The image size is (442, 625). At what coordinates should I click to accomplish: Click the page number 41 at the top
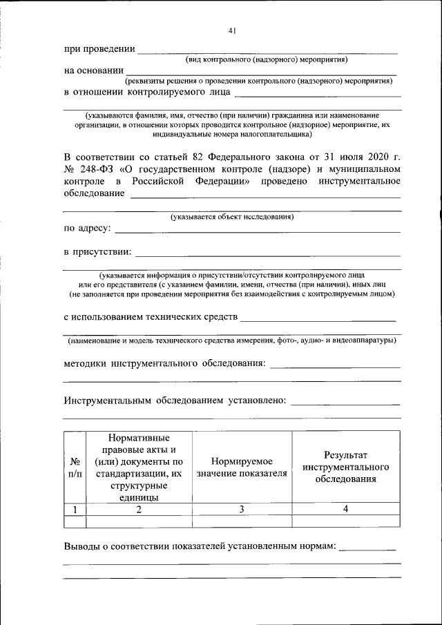point(232,30)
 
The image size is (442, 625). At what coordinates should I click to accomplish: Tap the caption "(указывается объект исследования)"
point(232,217)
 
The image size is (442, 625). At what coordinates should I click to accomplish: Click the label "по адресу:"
point(87,228)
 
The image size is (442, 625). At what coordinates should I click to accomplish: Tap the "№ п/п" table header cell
point(75,468)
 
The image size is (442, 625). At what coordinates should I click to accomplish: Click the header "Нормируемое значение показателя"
point(242,468)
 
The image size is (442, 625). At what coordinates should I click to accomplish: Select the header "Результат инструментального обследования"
point(345,467)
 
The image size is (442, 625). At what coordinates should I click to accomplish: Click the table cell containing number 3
point(242,509)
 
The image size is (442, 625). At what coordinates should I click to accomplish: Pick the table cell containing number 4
point(345,509)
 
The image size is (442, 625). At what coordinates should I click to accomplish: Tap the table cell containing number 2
point(139,509)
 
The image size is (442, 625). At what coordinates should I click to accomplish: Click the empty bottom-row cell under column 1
point(75,521)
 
